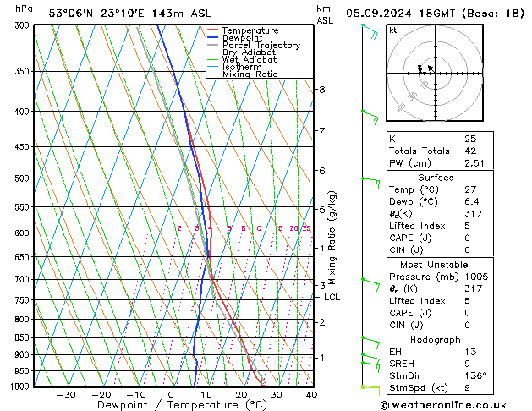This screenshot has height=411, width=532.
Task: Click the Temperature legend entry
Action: tap(250, 30)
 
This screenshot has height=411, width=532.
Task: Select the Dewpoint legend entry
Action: tap(243, 38)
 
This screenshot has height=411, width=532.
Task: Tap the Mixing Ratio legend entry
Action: tap(250, 74)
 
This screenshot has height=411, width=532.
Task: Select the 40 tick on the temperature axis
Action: tap(311, 394)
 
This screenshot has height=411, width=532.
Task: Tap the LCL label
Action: tap(332, 297)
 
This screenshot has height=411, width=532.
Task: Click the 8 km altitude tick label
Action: tap(322, 90)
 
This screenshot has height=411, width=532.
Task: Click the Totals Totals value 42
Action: tap(470, 151)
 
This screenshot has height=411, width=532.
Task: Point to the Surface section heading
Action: tap(436, 178)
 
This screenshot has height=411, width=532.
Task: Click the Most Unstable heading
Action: tap(436, 265)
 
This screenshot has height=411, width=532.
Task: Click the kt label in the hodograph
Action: tap(392, 30)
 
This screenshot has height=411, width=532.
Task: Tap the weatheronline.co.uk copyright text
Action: tap(455, 404)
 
